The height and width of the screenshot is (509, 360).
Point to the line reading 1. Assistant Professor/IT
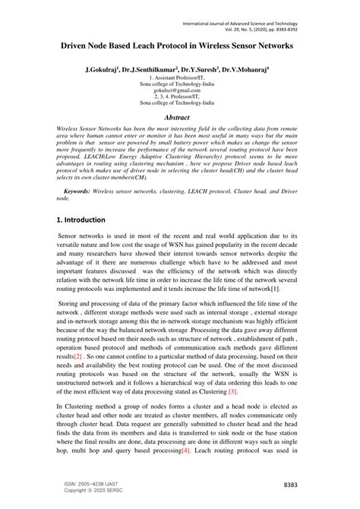click(180, 77)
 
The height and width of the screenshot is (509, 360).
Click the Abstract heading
click(180, 118)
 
